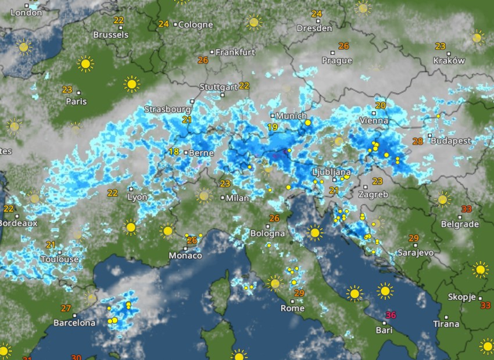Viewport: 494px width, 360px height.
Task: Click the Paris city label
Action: point(76,102)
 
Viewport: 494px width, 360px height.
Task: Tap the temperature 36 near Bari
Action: point(391,315)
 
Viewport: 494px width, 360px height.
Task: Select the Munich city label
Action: point(291,116)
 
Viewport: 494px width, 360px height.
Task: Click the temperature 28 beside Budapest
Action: point(417,141)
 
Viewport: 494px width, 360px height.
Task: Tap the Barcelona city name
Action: point(74,323)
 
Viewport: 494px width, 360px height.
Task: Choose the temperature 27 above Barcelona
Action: point(66,308)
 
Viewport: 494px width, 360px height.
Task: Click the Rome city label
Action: point(292,308)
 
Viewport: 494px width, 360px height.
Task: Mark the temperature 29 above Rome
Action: point(299,293)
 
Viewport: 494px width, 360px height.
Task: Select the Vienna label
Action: point(374,121)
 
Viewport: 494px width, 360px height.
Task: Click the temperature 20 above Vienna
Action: point(381,106)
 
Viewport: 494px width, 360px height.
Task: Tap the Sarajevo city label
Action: point(416,253)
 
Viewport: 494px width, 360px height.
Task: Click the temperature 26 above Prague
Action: point(343,46)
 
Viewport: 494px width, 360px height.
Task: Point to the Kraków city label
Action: point(449,60)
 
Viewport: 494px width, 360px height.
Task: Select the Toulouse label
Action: point(59,260)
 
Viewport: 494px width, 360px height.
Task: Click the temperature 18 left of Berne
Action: point(173,152)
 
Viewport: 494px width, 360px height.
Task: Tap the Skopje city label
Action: point(462,297)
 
